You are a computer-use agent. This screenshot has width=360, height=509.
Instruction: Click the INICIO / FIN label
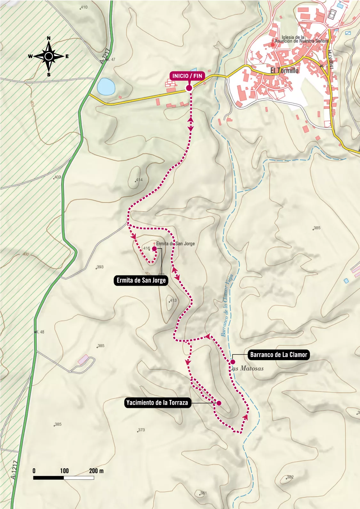[x=187, y=76]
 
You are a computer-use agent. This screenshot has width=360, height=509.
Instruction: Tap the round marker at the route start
[x=189, y=88]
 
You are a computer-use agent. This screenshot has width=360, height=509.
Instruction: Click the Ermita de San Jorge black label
[x=141, y=281]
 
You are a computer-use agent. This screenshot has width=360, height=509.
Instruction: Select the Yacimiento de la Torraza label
[x=157, y=402]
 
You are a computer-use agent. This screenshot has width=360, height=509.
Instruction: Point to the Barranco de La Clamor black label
[x=278, y=354]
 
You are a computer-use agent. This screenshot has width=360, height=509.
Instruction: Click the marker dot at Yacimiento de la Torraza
[x=219, y=403]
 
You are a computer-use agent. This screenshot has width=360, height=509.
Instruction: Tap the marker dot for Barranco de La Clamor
[x=233, y=362]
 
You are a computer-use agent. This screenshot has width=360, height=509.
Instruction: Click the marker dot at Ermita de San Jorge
[x=154, y=249]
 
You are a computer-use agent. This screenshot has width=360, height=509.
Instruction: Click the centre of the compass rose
[x=49, y=56]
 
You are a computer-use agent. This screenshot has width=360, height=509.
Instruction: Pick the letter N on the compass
[x=49, y=38]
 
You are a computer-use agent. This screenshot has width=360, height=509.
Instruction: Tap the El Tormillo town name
[x=284, y=70]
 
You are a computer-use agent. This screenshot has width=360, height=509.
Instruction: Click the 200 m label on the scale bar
[x=96, y=471]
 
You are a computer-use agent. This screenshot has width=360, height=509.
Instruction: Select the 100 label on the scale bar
[x=64, y=471]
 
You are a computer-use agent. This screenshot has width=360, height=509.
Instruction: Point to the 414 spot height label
[x=139, y=180]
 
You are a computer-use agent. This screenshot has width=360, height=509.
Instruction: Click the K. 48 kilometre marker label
[x=40, y=332]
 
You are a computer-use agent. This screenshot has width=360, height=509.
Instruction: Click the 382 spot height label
[x=290, y=477]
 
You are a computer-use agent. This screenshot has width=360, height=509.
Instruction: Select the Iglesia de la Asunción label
[x=301, y=39]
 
